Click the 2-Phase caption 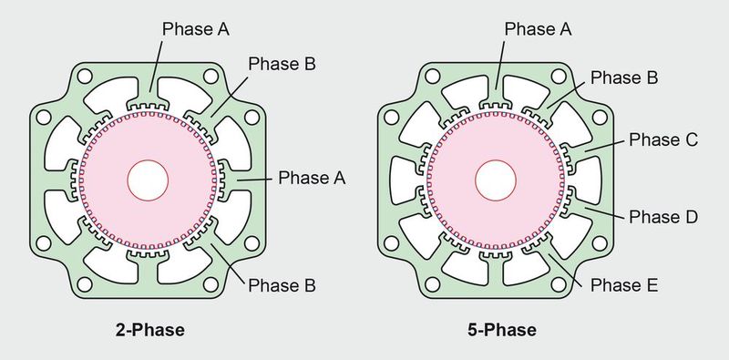click(x=149, y=330)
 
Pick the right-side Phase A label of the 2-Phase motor click(x=313, y=177)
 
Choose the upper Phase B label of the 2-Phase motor click(x=282, y=65)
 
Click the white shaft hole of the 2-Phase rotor click(x=149, y=180)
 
